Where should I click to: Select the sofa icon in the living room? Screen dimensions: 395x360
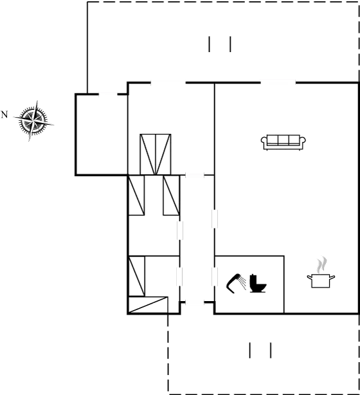(283, 142)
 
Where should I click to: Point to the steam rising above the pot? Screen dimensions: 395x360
(321, 264)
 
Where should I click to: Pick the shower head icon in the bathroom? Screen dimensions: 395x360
(235, 282)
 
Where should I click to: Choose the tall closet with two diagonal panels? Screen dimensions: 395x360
(156, 154)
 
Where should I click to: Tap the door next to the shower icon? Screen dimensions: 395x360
(214, 276)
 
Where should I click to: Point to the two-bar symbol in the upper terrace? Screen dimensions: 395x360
(219, 44)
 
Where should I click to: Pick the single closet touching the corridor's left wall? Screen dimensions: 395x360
(170, 195)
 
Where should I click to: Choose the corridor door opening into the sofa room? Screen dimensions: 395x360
(215, 217)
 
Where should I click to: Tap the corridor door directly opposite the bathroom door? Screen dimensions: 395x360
(180, 276)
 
